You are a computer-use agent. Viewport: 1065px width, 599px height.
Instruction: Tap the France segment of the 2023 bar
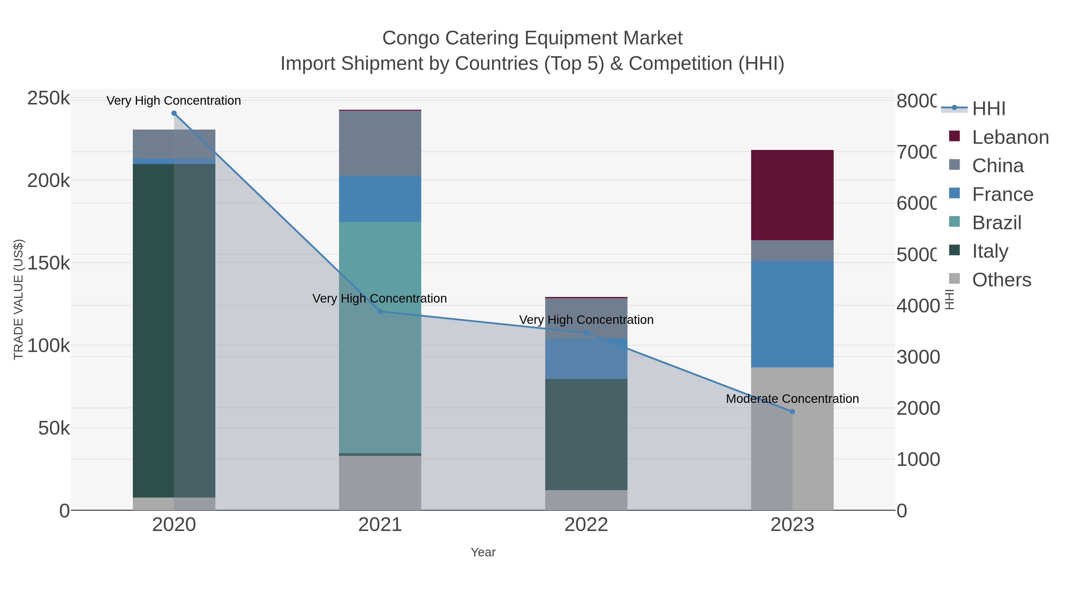click(792, 314)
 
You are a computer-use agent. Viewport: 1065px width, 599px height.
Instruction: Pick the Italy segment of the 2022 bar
click(586, 434)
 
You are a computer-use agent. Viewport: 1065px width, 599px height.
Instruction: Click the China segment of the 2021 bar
click(380, 143)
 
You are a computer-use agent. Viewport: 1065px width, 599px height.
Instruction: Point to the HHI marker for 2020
click(174, 113)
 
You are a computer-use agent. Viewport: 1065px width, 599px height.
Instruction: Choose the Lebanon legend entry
click(1010, 137)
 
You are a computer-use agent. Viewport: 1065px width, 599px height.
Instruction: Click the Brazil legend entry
click(996, 223)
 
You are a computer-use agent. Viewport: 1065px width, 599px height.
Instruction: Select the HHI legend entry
click(988, 109)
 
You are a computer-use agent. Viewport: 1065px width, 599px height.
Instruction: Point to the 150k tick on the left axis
click(49, 263)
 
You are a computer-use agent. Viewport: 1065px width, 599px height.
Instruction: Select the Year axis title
click(483, 552)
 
